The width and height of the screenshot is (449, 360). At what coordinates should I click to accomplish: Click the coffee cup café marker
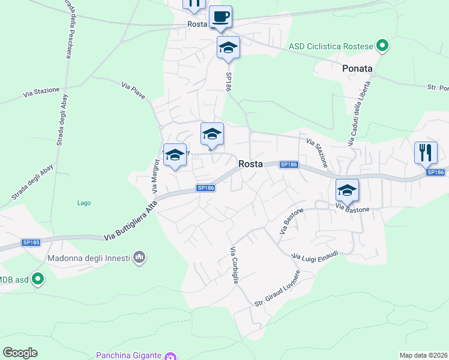(220, 17)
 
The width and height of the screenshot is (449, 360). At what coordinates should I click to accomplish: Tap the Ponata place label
(357, 68)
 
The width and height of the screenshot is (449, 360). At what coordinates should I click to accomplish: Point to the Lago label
(84, 203)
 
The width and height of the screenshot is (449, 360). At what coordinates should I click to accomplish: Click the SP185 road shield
(31, 242)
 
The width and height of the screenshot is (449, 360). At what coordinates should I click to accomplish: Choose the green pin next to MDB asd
(38, 278)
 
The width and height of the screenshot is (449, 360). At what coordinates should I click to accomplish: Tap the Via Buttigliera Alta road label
(130, 221)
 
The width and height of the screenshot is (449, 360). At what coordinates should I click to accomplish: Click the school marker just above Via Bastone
(347, 190)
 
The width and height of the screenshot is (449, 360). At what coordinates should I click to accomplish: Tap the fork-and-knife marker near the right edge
(425, 152)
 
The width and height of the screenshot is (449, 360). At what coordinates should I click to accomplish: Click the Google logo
(20, 353)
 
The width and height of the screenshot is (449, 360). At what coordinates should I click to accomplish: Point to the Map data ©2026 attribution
(423, 355)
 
